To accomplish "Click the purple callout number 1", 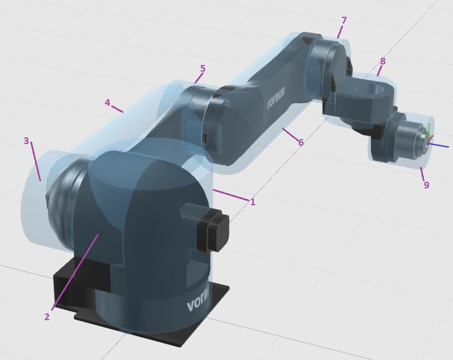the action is coord(253,202).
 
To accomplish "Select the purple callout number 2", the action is coord(47,317).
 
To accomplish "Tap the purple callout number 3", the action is coord(26,141).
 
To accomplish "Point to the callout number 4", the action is coord(108,103).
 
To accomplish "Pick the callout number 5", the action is coord(202,68).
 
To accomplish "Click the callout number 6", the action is coord(301,142).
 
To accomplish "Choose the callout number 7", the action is coord(344,21).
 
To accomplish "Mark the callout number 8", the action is coord(383,61).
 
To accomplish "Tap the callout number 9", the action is coord(427,184).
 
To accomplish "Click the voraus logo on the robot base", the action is coord(199,302).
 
